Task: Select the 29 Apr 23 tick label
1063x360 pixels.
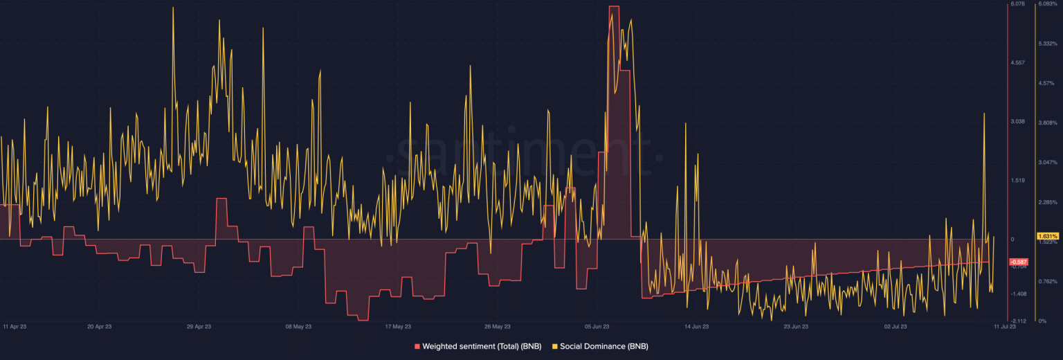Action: pos(199,325)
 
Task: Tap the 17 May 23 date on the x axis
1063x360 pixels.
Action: pos(398,325)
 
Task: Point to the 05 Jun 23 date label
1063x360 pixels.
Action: pos(597,325)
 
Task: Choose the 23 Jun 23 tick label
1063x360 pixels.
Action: pos(796,325)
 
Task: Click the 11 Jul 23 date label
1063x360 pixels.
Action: pos(1006,325)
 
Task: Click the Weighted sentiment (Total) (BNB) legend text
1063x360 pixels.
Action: pos(482,345)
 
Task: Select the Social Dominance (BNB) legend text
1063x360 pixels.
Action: pos(604,345)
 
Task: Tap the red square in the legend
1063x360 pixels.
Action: pos(417,345)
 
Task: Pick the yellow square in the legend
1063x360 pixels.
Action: pos(555,345)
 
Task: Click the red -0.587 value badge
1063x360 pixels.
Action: pos(1019,262)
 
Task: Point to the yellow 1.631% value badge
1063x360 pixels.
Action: pos(1048,236)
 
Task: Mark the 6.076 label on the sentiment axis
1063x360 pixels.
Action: pos(1017,4)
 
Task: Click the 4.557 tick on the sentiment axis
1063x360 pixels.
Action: pos(1017,63)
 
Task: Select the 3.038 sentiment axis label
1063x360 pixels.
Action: pos(1017,122)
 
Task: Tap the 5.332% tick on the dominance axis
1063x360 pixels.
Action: pos(1048,44)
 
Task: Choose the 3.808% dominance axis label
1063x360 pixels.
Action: pos(1048,123)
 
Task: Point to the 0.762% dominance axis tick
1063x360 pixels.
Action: pos(1048,281)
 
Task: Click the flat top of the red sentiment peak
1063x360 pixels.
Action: pos(614,7)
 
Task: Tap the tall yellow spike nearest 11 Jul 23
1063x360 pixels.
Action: pos(983,114)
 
